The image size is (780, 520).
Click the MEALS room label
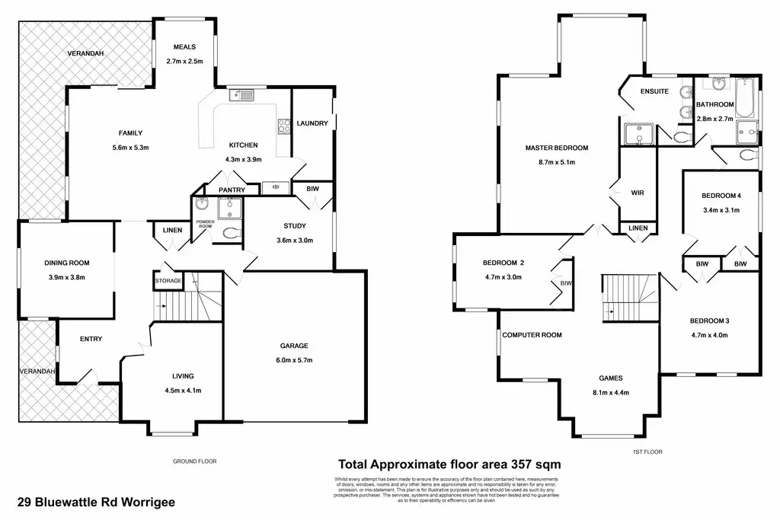pos(184,46)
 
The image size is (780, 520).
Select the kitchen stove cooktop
pos(285,126)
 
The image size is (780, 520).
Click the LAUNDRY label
pos(312,123)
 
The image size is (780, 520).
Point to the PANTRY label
pos(231,190)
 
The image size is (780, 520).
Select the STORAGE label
pos(168,281)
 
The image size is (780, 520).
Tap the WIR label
pos(638,193)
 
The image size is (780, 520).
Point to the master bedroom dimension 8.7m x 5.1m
pos(556,162)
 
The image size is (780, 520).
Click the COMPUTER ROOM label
pos(531,335)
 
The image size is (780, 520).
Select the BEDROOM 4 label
pos(721,196)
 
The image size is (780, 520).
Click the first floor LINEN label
pos(638,228)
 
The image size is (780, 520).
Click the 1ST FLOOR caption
pos(647,451)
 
